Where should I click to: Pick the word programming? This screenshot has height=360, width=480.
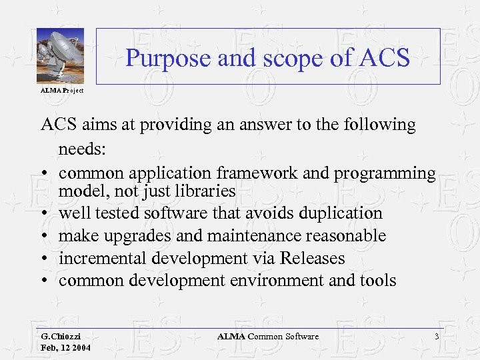coord(387,173)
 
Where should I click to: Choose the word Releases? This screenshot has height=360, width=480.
coord(313,258)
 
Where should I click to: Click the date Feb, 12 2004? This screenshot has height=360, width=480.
coord(65,348)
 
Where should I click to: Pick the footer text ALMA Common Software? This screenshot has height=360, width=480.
coord(268,337)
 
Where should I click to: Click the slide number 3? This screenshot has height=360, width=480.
coord(437,337)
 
